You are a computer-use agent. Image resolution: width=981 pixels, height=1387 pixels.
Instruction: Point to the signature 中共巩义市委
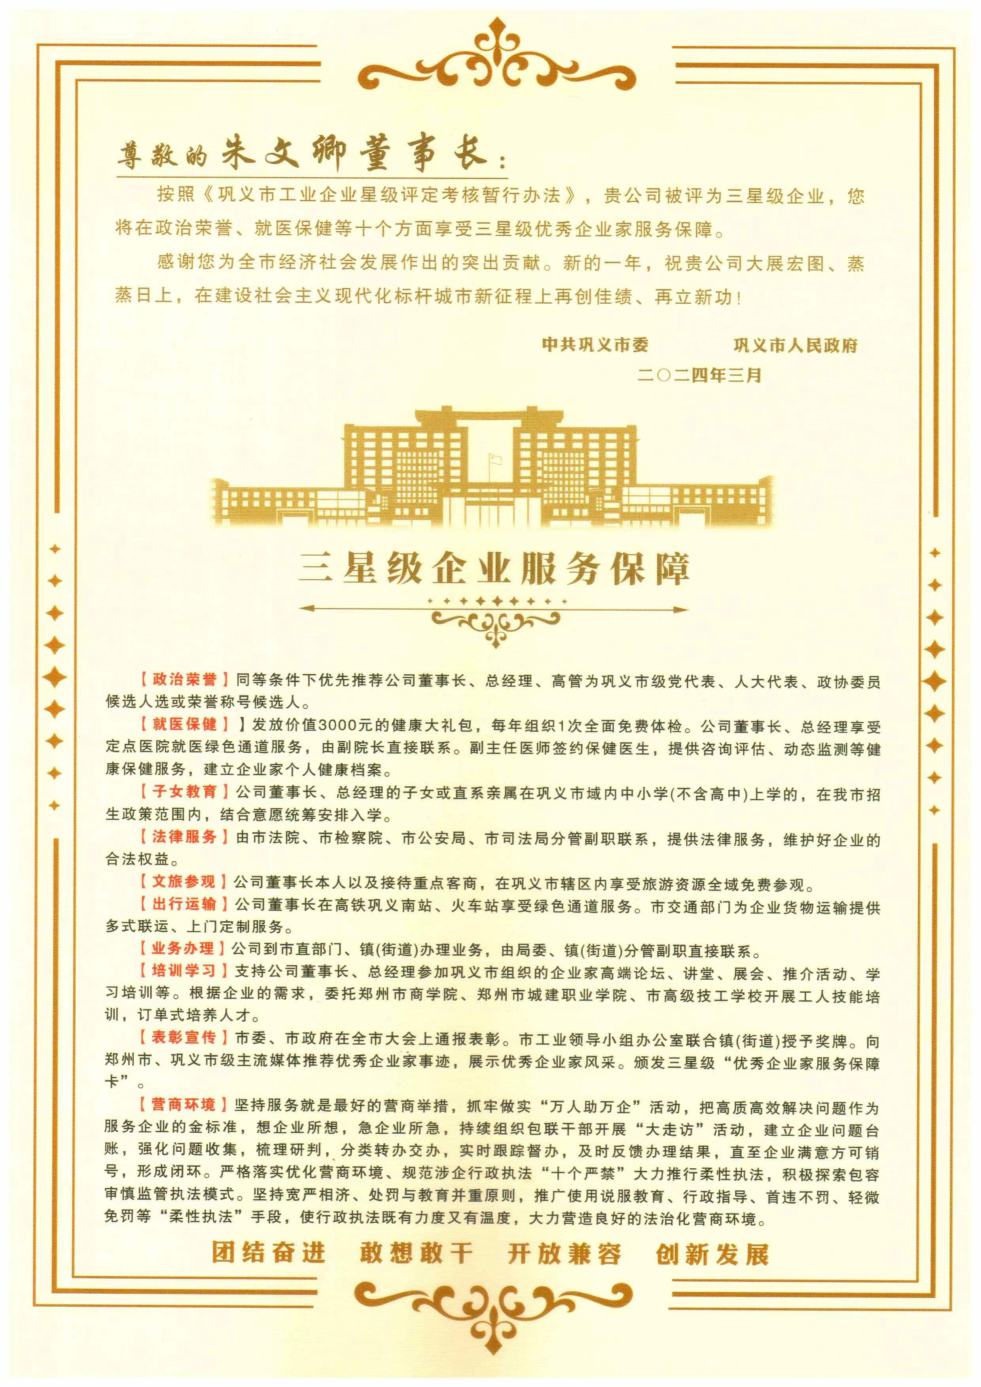(595, 345)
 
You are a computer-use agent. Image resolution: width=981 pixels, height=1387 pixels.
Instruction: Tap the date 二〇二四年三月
(699, 375)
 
